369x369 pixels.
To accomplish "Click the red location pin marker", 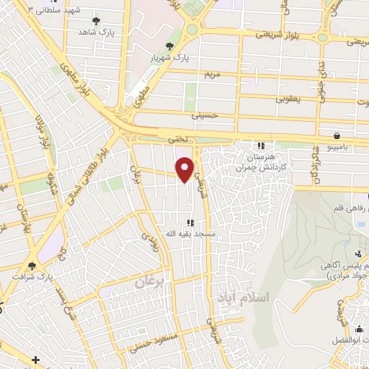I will [x=185, y=169].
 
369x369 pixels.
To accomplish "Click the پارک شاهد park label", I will [x=97, y=32].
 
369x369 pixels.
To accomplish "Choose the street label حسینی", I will [x=203, y=115].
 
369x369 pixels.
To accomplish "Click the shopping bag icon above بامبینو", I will [x=337, y=135].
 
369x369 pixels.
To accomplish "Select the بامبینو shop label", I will [x=337, y=146].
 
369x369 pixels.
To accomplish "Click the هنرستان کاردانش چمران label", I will [x=261, y=161].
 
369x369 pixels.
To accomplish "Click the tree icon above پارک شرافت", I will [x=32, y=264].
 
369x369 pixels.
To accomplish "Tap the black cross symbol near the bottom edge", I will [x=35, y=358].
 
